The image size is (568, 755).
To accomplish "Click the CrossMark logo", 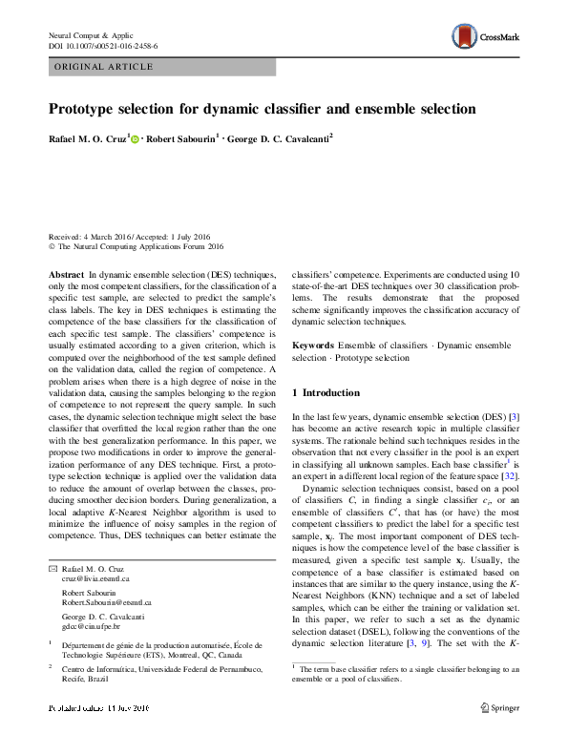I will pyautogui.click(x=488, y=39).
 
